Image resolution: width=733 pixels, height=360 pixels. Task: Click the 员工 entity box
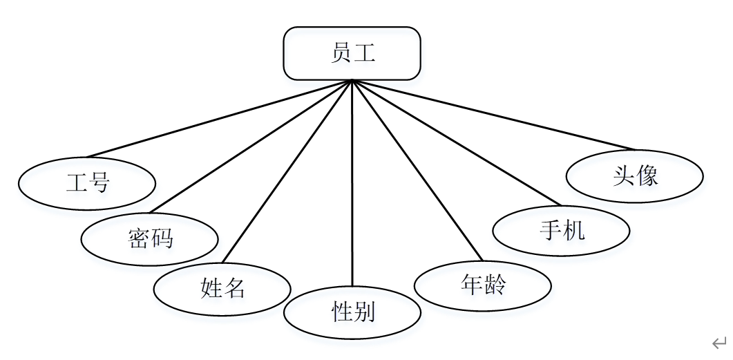(352, 53)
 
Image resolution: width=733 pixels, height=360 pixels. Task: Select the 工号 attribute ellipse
(87, 183)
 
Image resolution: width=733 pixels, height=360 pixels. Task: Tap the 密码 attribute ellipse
(150, 238)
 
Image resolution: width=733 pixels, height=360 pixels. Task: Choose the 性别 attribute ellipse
(352, 312)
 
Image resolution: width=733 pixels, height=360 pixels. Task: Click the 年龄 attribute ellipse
(482, 284)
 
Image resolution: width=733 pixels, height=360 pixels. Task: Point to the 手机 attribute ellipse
(561, 230)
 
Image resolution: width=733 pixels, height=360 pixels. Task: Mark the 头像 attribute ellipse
(634, 176)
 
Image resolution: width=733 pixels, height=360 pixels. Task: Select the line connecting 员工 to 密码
(251, 146)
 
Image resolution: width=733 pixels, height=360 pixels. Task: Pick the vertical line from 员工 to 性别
(352, 183)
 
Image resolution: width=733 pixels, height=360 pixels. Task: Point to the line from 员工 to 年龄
(417, 169)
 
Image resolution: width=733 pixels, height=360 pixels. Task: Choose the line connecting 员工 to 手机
(456, 143)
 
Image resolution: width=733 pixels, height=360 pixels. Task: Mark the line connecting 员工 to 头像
(493, 115)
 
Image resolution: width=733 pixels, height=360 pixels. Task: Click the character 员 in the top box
(341, 53)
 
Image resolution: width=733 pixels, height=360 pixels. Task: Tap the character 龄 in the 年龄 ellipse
(495, 284)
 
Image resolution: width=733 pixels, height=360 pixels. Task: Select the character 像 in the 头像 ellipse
(647, 176)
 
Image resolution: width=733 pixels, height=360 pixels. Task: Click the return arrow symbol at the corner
(719, 343)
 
